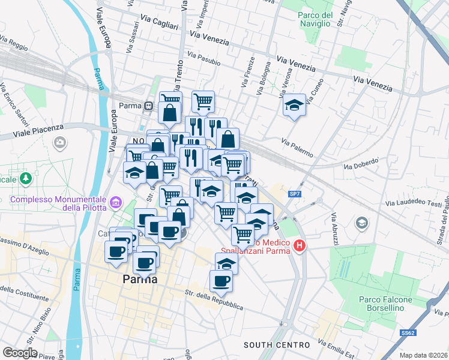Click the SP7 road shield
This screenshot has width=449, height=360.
(294, 194)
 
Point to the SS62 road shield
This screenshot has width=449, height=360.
(408, 332)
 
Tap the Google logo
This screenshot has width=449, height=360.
(20, 353)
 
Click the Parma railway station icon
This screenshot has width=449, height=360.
(148, 106)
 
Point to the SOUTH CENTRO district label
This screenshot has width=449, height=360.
(277, 345)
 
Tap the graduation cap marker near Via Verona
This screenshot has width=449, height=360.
(293, 106)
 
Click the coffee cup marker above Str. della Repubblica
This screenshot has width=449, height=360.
(221, 280)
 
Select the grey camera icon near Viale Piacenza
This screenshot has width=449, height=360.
(60, 142)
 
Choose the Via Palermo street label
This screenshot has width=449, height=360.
(297, 148)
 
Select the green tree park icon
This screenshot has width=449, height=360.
(26, 178)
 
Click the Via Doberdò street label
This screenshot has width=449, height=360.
(361, 163)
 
